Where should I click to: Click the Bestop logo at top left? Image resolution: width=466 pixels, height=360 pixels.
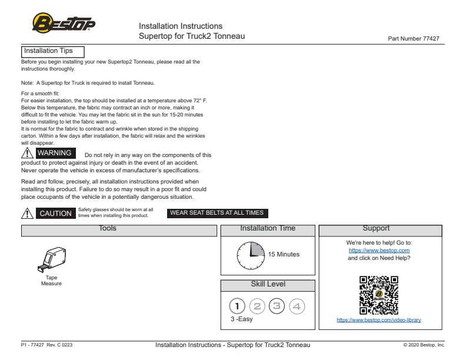(64, 24)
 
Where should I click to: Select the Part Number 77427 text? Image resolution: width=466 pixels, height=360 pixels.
(414, 39)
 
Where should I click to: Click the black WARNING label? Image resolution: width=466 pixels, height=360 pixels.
(54, 154)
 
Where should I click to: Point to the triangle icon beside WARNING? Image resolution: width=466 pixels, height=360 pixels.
(26, 154)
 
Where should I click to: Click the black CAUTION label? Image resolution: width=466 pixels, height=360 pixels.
(55, 214)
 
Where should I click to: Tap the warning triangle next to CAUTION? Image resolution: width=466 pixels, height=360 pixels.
(26, 214)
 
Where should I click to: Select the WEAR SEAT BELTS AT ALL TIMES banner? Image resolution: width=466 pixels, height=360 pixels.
(217, 213)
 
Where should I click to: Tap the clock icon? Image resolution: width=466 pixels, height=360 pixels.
(251, 255)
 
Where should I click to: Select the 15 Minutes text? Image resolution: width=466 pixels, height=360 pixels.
(284, 255)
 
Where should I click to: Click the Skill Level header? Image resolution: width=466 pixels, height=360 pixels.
(268, 285)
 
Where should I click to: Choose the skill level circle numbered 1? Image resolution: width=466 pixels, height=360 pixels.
(237, 306)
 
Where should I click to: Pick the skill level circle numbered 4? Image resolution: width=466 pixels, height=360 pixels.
(297, 306)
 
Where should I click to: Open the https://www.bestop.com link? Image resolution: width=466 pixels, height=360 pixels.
(379, 251)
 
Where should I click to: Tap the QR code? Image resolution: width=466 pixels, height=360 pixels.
(379, 295)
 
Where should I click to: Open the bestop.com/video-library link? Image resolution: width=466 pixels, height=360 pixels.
(379, 321)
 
